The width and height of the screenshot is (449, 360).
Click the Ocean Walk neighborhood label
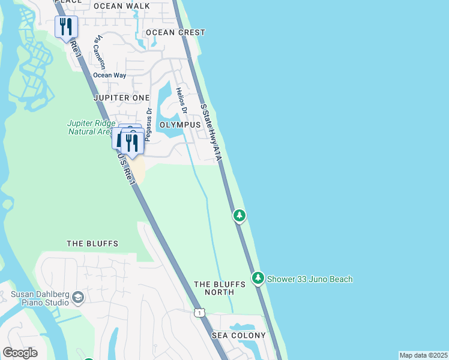pos(121,7)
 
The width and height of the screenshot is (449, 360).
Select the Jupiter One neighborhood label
pos(121,97)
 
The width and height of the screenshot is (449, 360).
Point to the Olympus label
pos(180,125)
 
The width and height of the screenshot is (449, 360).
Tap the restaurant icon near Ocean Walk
pos(65,27)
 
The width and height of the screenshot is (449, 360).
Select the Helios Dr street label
pos(181,101)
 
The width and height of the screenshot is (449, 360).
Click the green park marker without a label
pos(240,215)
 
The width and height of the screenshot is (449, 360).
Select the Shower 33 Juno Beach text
pos(310,279)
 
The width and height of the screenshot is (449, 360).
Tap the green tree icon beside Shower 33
pos(258,278)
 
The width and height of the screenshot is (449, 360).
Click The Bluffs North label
pos(220,288)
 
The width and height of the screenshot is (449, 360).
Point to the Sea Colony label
pos(238,335)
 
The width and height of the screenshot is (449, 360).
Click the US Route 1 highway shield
pos(199,313)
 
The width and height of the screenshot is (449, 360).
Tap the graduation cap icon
pos(78,298)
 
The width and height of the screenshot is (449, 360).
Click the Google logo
pos(20,353)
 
